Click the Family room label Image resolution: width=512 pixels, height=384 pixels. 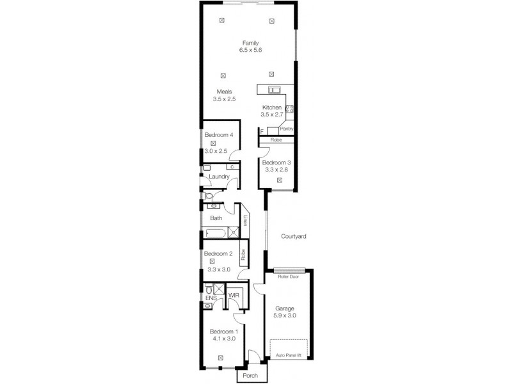click(x=250, y=43)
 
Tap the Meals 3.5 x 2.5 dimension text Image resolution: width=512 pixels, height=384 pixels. click(x=225, y=99)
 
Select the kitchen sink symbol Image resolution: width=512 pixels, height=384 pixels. click(x=274, y=90)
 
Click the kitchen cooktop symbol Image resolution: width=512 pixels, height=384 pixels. click(x=290, y=109)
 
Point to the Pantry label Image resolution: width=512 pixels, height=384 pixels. click(x=286, y=129)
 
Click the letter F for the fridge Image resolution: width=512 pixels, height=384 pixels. click(x=262, y=132)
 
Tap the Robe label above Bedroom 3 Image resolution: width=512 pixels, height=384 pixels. click(x=276, y=140)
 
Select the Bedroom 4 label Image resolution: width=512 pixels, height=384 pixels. click(x=219, y=135)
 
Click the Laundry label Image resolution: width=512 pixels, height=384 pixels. click(x=219, y=177)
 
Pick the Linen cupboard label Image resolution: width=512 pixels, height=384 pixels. click(x=245, y=220)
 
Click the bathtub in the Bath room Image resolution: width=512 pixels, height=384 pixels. click(x=215, y=233)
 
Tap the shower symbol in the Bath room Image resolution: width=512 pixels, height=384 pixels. click(x=233, y=232)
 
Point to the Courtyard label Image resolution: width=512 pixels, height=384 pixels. click(x=294, y=236)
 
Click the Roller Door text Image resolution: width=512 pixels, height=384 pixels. click(x=289, y=276)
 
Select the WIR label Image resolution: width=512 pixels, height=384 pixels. click(x=234, y=296)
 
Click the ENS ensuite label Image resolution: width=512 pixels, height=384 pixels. click(x=211, y=298)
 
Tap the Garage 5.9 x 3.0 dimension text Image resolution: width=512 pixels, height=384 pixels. click(x=285, y=316)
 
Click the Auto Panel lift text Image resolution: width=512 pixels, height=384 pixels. click(x=289, y=355)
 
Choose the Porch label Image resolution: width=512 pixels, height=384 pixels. click(x=250, y=376)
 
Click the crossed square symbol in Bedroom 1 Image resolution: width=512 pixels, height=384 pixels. click(x=220, y=358)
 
